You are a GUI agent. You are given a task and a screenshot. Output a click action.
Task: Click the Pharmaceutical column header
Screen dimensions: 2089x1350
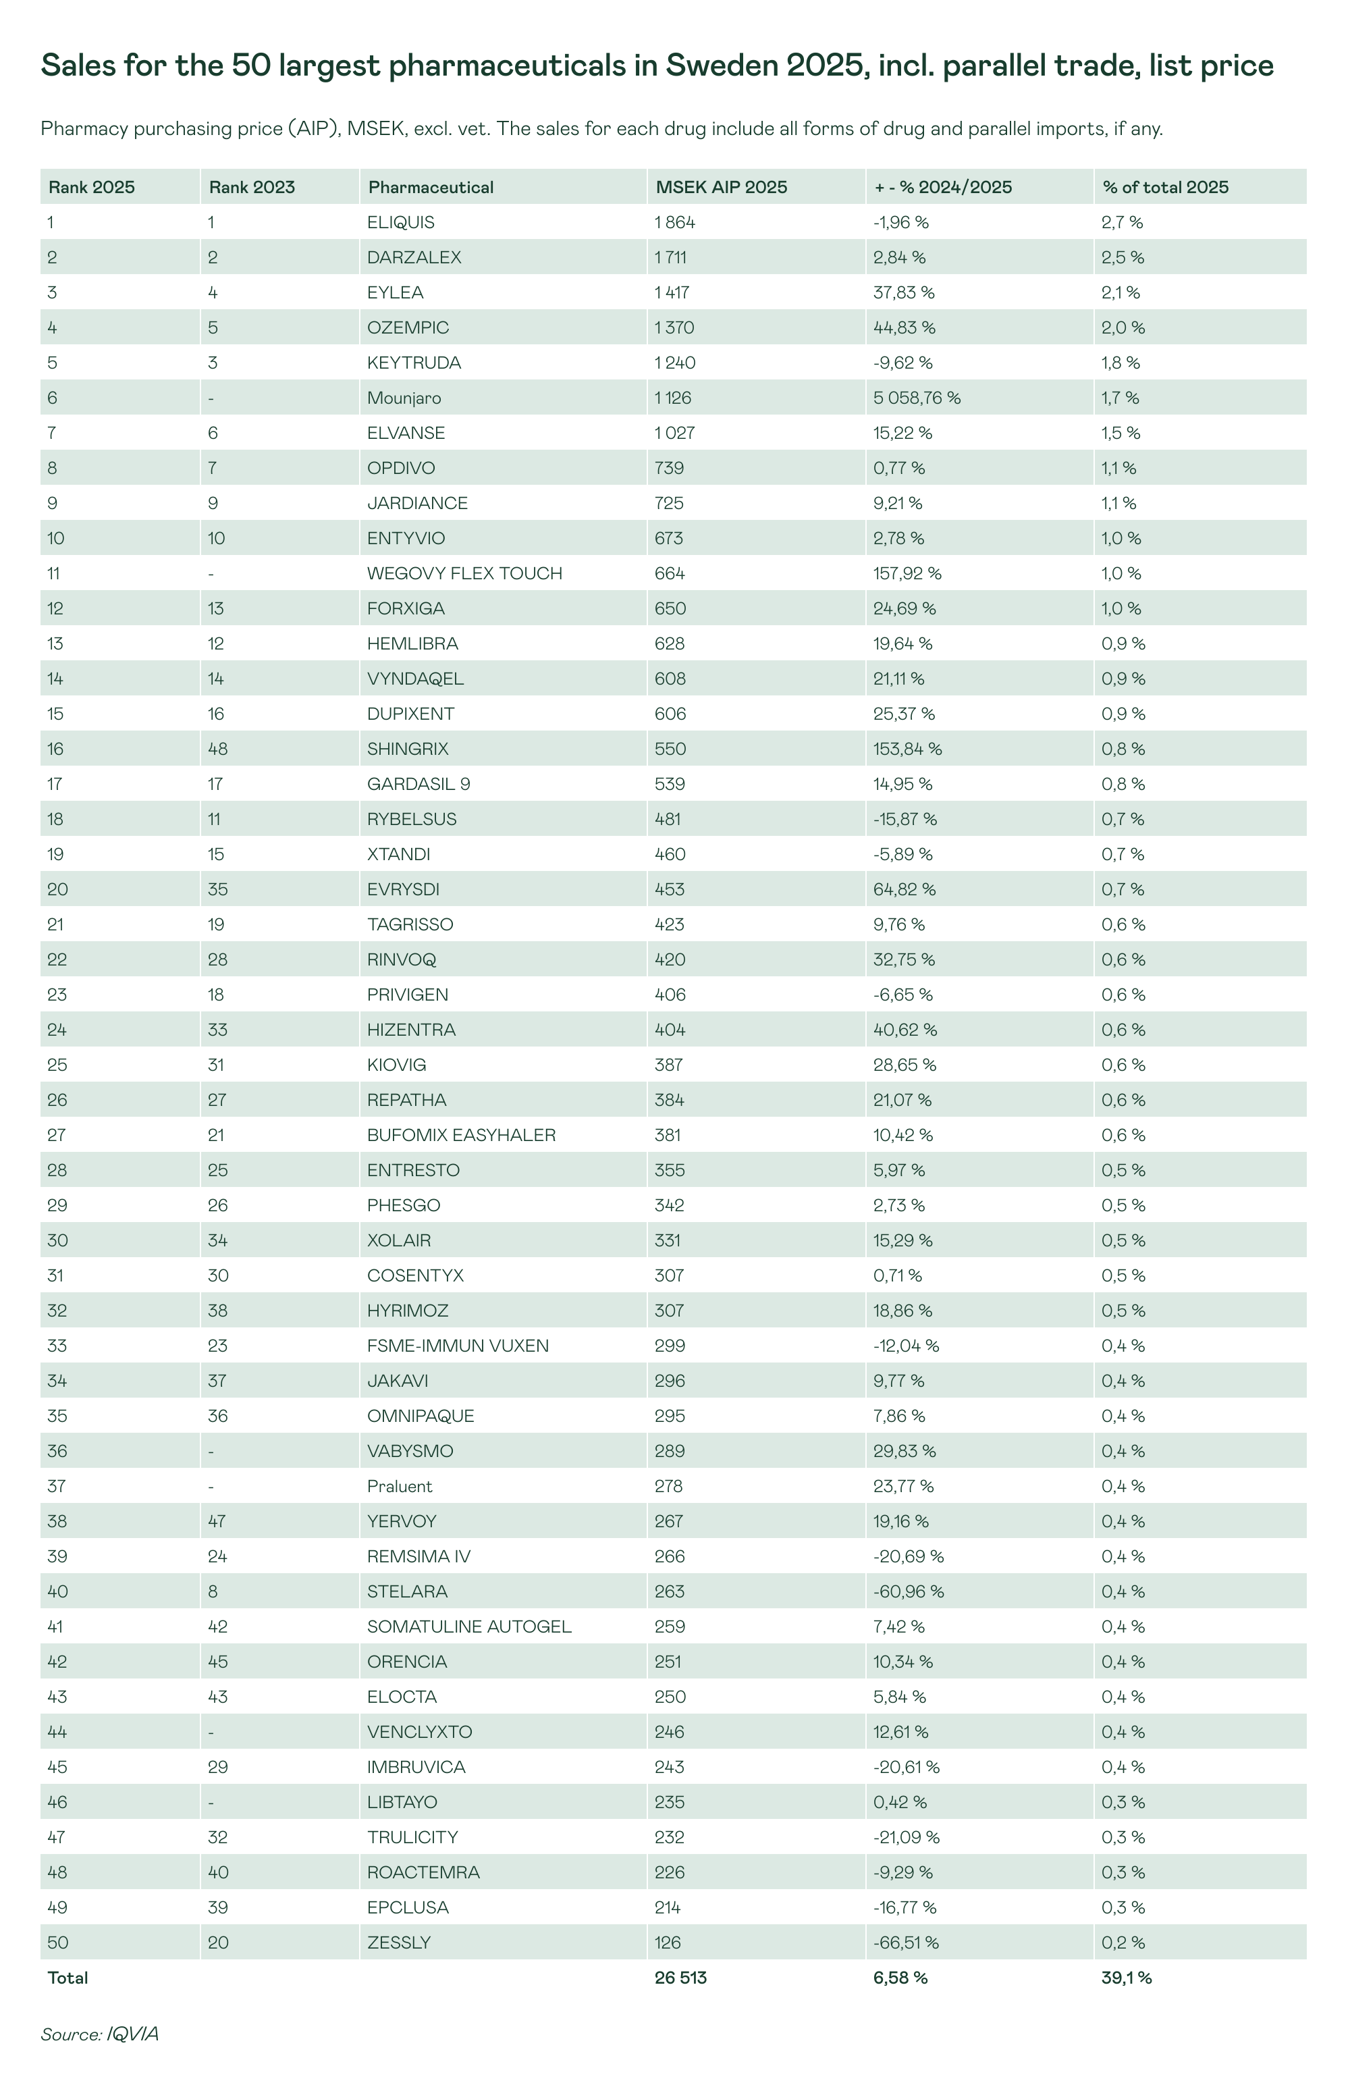point(431,188)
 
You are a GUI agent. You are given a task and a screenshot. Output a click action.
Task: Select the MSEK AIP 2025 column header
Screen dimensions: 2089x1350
point(721,188)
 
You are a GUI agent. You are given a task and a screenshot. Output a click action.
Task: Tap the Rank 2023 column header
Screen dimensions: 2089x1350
point(252,188)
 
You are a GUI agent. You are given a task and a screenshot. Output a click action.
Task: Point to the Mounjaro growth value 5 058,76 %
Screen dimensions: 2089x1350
point(916,398)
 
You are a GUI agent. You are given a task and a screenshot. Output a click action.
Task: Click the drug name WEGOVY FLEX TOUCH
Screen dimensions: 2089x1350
point(464,573)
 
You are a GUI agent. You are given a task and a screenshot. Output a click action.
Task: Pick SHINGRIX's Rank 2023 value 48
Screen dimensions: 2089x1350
point(217,749)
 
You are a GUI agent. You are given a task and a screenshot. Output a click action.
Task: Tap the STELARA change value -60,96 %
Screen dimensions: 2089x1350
point(908,1591)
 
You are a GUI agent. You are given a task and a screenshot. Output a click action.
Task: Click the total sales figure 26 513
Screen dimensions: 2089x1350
point(680,1978)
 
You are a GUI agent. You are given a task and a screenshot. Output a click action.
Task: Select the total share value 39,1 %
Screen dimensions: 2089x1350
point(1127,1978)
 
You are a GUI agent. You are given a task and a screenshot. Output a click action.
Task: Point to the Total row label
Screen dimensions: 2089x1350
point(67,1978)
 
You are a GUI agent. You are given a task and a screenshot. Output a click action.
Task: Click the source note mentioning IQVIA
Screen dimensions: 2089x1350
point(99,2034)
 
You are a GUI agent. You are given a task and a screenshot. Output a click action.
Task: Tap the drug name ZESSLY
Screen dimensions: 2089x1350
point(399,1942)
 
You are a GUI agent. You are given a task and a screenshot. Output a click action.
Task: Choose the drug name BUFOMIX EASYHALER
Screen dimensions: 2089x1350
point(461,1135)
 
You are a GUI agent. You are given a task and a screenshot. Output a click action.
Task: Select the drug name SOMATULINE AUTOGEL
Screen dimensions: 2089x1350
point(469,1626)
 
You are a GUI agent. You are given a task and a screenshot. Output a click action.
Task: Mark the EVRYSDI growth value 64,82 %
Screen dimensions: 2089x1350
point(904,890)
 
